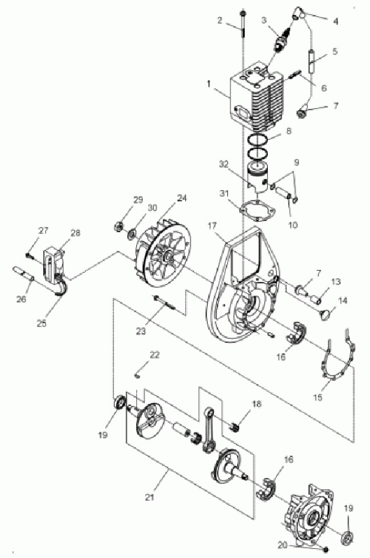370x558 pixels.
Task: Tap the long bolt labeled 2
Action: [x=243, y=23]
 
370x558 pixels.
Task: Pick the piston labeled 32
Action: [x=257, y=178]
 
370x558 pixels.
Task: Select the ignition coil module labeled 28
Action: [x=53, y=264]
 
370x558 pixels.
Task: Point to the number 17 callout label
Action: [x=212, y=226]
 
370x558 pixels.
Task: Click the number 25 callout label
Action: [x=42, y=323]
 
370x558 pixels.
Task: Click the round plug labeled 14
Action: [x=325, y=315]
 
